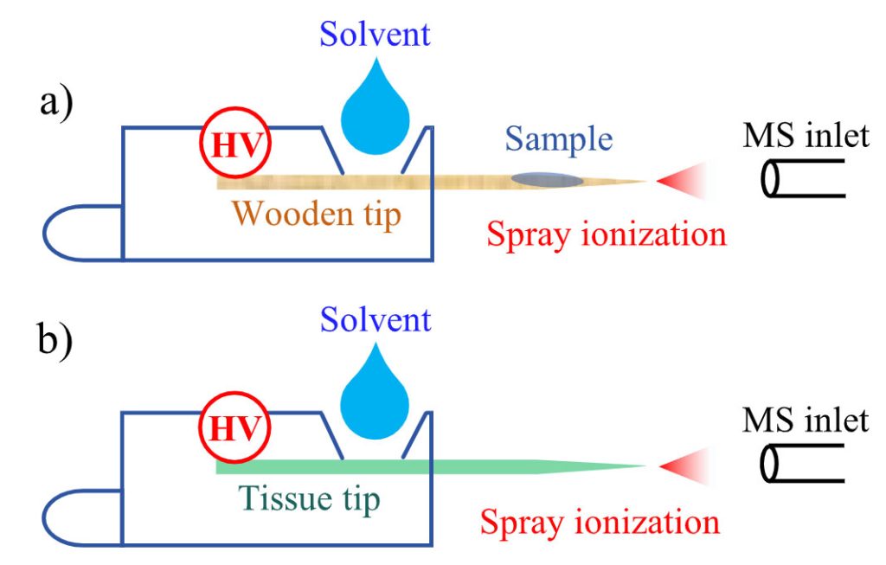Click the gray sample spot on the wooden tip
(546, 180)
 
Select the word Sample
(559, 138)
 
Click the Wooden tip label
(318, 214)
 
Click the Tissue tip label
(308, 498)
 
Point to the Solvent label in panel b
(375, 320)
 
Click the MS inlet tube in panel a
(801, 180)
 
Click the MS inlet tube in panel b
(801, 465)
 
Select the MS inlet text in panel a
(806, 136)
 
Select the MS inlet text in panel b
(806, 421)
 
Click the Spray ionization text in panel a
(605, 234)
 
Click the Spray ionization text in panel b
(600, 522)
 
